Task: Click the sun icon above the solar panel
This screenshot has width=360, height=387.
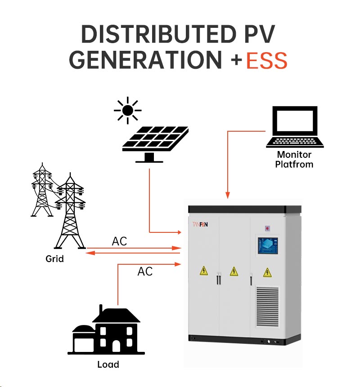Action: (x=127, y=110)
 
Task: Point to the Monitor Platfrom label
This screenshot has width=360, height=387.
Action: (x=295, y=159)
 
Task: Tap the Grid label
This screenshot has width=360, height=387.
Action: (x=54, y=258)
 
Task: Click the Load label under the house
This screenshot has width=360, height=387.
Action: (x=108, y=364)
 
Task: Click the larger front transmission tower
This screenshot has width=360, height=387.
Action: (x=70, y=211)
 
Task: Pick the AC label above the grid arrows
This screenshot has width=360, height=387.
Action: (x=119, y=241)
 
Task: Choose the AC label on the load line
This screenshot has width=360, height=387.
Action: (x=145, y=271)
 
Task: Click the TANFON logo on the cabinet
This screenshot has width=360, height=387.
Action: (x=202, y=223)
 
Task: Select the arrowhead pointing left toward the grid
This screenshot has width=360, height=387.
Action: (x=89, y=253)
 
